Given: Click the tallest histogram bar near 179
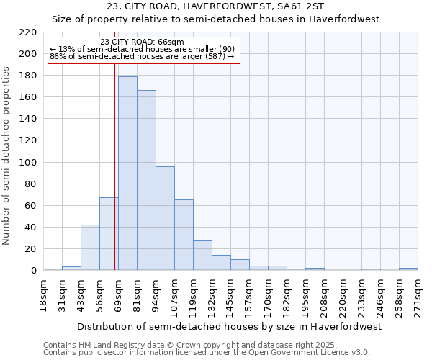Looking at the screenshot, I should (127, 173).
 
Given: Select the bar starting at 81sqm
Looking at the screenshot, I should (146, 180).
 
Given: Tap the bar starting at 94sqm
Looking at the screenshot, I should (165, 218).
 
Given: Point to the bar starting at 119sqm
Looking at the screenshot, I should (202, 256).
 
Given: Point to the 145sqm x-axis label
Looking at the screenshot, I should (231, 296).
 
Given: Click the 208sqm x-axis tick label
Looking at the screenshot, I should (325, 296).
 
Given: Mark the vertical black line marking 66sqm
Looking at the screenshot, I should (115, 166).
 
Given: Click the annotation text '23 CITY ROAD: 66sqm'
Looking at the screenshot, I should (142, 42).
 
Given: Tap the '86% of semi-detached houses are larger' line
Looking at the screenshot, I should (142, 56).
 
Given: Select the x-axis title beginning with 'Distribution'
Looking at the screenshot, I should (228, 326).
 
